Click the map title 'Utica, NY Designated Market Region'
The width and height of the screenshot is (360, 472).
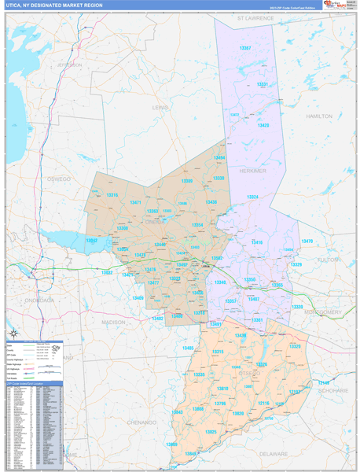[x=55, y=5]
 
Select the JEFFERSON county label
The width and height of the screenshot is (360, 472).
[x=69, y=65]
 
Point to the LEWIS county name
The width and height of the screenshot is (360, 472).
[x=160, y=107]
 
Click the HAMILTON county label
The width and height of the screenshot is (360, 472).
[x=319, y=116]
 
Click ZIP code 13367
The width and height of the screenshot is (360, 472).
[x=245, y=49]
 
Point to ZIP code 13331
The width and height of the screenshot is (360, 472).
[x=263, y=84]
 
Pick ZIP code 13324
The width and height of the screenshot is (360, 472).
[x=252, y=197]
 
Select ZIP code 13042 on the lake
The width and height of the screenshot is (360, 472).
[x=92, y=240]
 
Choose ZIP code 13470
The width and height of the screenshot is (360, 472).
[x=307, y=241]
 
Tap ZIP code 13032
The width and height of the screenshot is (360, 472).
[x=107, y=273]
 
